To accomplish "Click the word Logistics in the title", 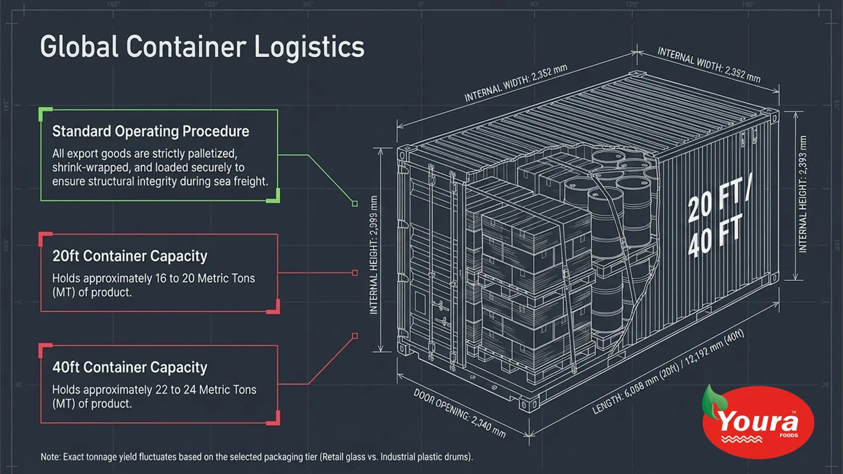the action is pos(309,48).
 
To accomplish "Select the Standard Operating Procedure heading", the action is pos(151,131).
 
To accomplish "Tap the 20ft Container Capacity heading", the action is pos(130,256).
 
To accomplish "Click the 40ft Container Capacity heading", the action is pos(130,367).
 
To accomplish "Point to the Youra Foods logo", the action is pos(758,422).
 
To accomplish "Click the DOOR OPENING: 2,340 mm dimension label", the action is pos(459,413).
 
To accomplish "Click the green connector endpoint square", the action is pos(355,203).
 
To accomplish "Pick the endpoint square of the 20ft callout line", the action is pos(355,273).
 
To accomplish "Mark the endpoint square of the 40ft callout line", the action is pos(355,336).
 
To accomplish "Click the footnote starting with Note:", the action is pos(257,457).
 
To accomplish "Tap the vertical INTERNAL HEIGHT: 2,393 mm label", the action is pos(803,194).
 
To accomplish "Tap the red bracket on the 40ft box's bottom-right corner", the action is pos(274,419).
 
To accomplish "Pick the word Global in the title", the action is pos(79,46).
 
